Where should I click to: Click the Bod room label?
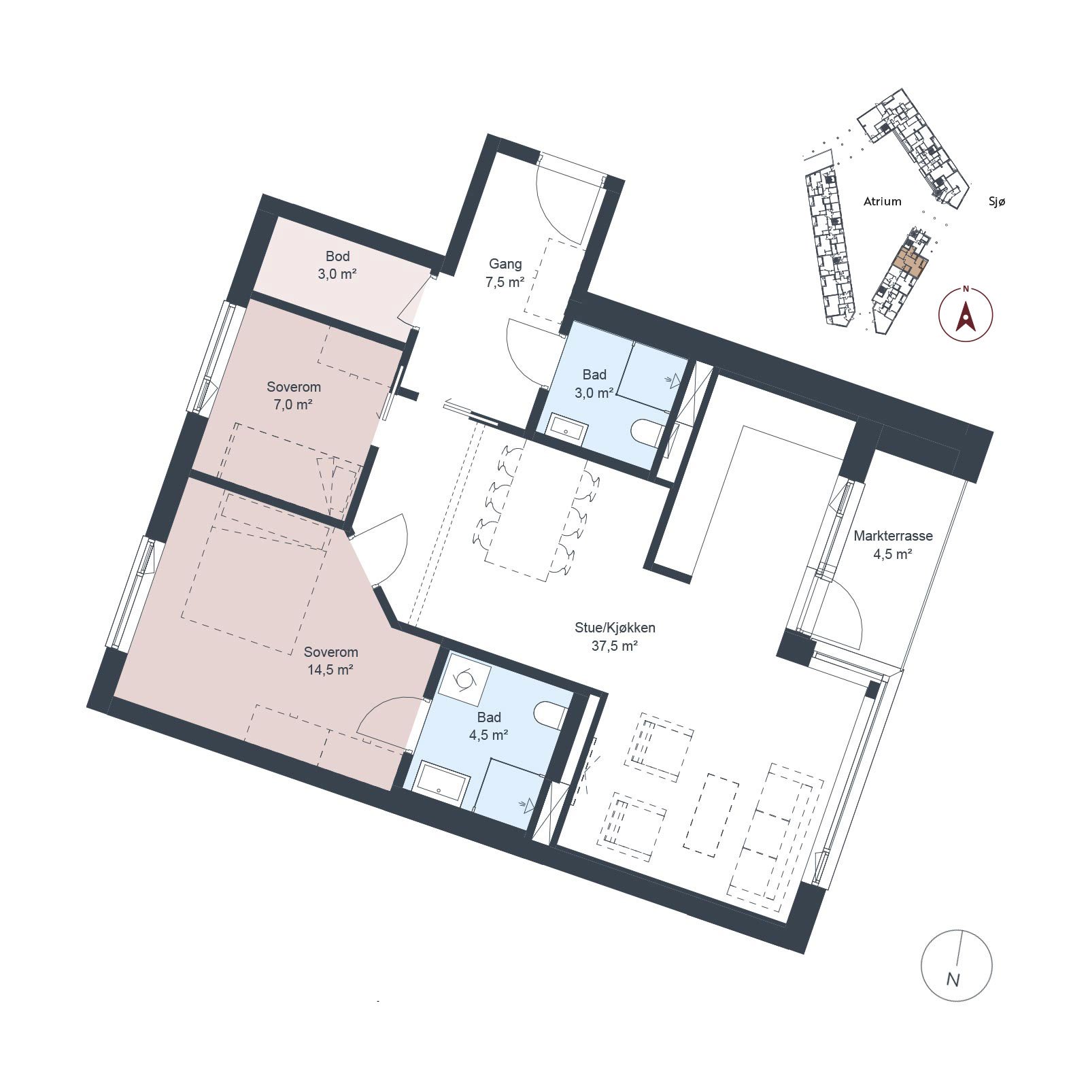coord(337,265)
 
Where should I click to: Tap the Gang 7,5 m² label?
coord(505,273)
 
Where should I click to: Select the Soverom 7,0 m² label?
coord(293,396)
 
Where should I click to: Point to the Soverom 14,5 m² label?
coord(330,661)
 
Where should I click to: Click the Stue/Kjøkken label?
coord(615,628)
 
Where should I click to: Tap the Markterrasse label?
coord(893,536)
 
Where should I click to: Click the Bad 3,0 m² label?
coord(594,384)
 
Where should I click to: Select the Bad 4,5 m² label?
coord(489,726)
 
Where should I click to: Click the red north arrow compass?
coord(965,313)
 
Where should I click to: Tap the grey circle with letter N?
coord(956,965)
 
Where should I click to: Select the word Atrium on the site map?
coord(883,201)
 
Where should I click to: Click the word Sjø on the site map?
coord(996,201)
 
